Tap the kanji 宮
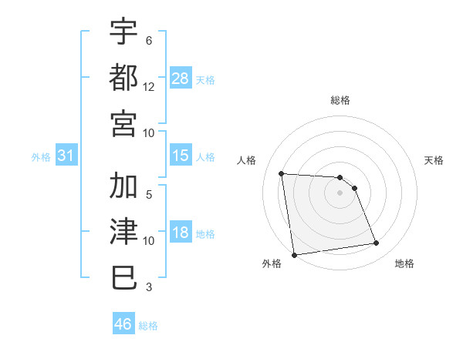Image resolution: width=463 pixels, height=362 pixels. pos(124,122)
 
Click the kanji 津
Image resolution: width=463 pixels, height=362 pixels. pos(124,231)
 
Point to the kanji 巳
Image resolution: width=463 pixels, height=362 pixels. pos(124,277)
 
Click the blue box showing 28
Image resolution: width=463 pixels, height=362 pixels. pos(181,78)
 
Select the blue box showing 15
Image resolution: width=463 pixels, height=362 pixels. pos(181,156)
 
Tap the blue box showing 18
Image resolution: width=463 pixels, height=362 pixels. pos(181,233)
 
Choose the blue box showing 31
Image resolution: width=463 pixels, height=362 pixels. pos(66,156)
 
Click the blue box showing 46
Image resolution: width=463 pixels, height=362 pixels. pos(123,324)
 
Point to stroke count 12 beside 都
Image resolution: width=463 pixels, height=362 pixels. pos(149,87)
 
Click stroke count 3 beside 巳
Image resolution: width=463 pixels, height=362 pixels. pos(149,287)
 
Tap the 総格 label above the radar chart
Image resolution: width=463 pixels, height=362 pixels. pos(340,100)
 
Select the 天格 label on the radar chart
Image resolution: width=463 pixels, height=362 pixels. pos(434,160)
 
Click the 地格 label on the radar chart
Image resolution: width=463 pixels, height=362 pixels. pos(404,263)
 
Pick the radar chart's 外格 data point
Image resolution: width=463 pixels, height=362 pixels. pos(293,255)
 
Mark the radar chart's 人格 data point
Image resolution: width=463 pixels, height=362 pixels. pos(281,173)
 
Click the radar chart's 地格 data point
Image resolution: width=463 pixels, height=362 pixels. pos(377,243)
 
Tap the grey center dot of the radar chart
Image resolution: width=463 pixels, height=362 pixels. pos(340,193)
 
